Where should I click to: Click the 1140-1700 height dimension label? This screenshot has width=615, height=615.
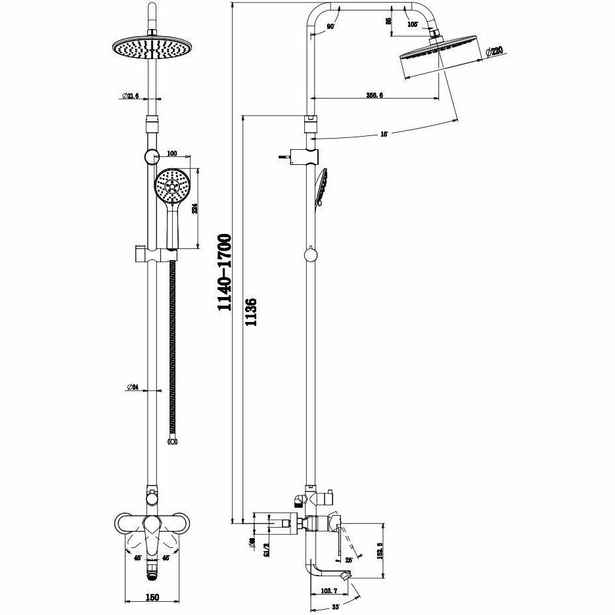tap(225, 272)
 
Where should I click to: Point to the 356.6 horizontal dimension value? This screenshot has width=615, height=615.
tap(375, 95)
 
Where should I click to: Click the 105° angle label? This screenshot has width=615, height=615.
tap(413, 24)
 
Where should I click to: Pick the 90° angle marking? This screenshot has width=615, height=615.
tap(330, 27)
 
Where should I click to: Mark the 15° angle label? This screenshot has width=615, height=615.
tap(384, 134)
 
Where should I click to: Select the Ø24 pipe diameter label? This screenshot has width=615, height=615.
tap(132, 388)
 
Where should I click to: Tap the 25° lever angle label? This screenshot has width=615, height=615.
tap(348, 560)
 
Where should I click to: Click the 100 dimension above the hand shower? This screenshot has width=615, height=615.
tap(172, 154)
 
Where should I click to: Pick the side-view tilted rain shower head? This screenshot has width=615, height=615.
tap(442, 60)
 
